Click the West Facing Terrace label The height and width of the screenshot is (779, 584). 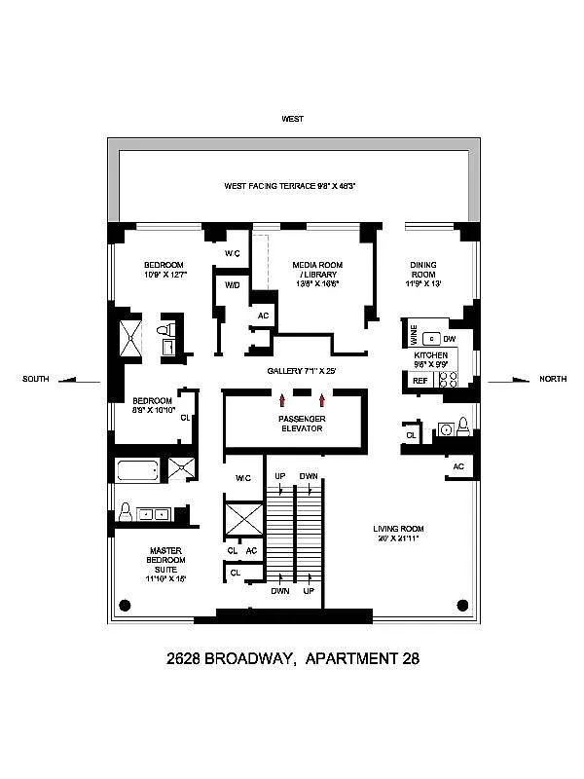pos(289,185)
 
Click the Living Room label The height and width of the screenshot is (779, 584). pos(399,535)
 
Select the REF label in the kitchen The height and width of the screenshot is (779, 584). pos(420,381)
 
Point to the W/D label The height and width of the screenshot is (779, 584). pos(233,285)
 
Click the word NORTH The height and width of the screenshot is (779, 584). pos(553,379)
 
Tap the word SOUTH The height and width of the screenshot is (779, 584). pos(36,379)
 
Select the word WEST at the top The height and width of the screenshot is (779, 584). pos(292,119)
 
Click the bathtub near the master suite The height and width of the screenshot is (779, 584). pos(136,471)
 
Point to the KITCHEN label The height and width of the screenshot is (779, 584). pos(431,355)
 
